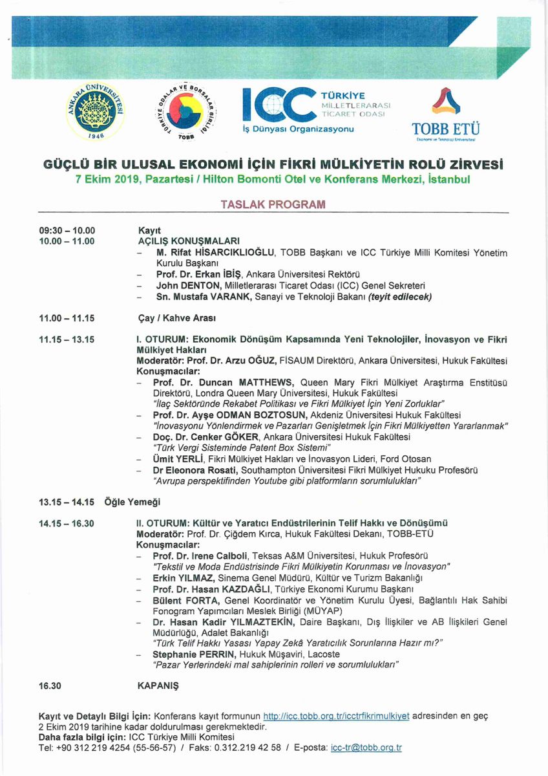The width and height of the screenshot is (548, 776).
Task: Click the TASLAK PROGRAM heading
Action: point(273,204)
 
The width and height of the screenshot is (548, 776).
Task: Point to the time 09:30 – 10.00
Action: point(67,230)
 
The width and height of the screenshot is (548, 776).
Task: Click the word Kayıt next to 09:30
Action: point(149,230)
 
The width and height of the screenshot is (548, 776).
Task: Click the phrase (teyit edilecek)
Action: point(399,297)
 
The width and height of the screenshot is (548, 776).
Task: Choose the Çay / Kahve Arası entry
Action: point(176,318)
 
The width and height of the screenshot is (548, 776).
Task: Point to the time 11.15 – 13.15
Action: point(67,339)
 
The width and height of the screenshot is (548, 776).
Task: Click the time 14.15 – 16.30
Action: point(67,523)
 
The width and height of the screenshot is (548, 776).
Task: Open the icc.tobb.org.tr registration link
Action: point(337,716)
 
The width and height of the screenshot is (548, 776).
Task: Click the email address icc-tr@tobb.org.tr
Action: point(366,748)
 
